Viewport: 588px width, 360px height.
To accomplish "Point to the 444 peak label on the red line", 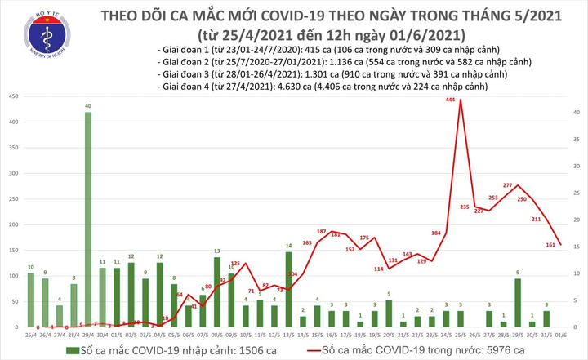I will pyautogui.click(x=450, y=100).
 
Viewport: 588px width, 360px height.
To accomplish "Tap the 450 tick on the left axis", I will pyautogui.click(x=15, y=96).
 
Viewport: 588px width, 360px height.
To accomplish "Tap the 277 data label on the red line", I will pyautogui.click(x=507, y=185).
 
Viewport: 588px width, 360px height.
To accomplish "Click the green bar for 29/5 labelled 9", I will pyautogui.click(x=517, y=302).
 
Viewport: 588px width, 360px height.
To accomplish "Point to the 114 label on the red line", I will pyautogui.click(x=379, y=269).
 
